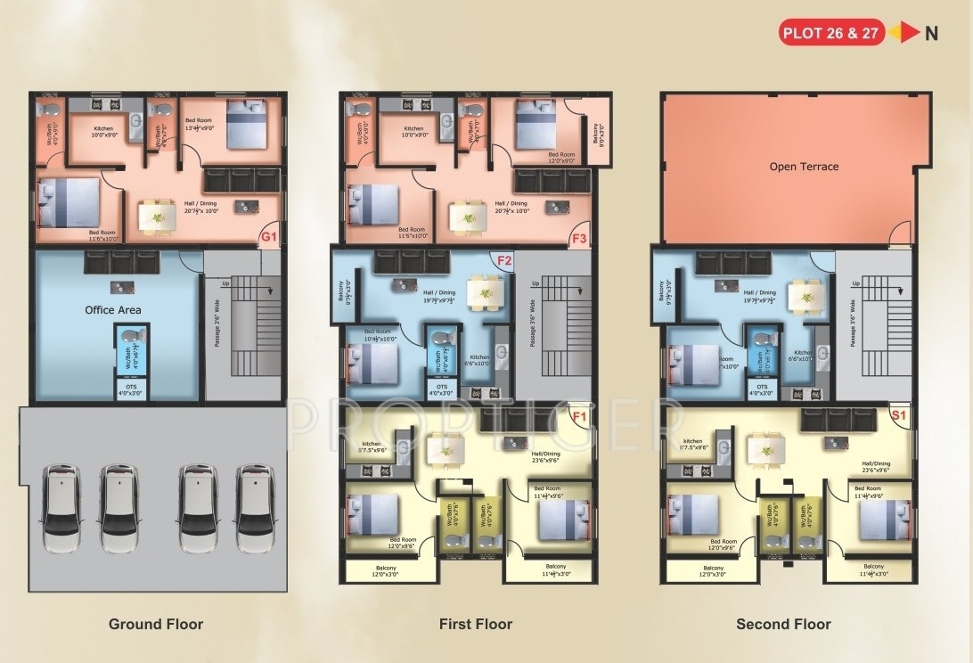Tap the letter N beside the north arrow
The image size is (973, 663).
(x=931, y=34)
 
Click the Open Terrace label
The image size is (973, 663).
(x=804, y=167)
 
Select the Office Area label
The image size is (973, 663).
(x=113, y=310)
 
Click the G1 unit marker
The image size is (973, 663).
(x=268, y=237)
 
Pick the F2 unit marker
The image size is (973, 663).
(x=503, y=261)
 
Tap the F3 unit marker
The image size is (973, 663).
(x=579, y=238)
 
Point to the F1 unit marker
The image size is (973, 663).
(x=579, y=416)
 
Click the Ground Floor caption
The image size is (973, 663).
(x=156, y=624)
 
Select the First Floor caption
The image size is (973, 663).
(x=476, y=624)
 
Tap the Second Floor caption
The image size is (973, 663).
(x=783, y=624)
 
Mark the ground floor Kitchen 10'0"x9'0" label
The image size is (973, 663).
(x=103, y=132)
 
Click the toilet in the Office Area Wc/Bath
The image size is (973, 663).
(x=132, y=335)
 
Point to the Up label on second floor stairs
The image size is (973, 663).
(x=856, y=283)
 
